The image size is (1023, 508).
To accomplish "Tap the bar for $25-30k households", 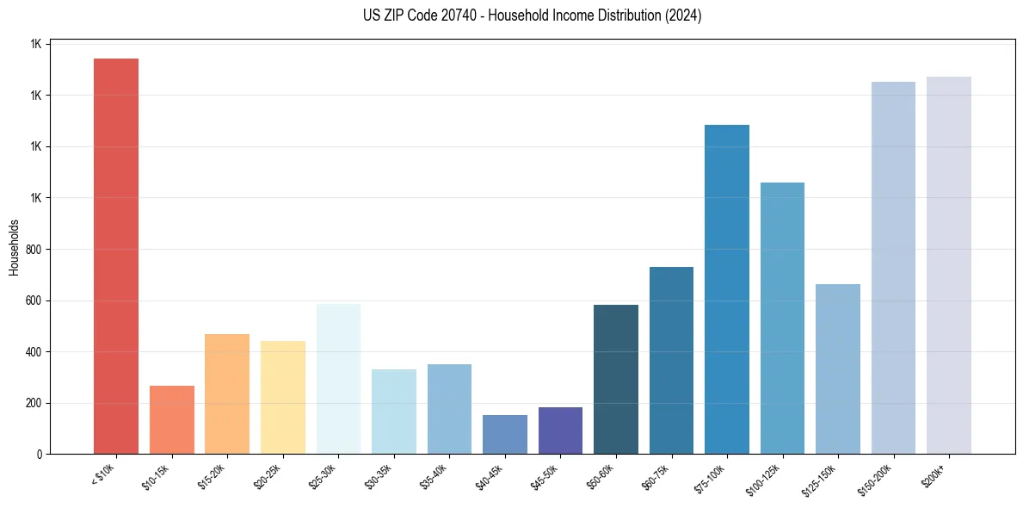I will coord(338,379).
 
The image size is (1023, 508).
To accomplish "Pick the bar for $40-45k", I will coord(505,434).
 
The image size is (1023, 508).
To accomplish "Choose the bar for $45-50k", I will coord(560,431).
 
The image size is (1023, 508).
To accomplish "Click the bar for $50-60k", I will coord(616,379).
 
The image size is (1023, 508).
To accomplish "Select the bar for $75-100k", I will coord(727,289).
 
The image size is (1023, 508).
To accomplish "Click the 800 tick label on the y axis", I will coord(34,250).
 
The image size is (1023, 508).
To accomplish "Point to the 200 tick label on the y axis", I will coord(34,403).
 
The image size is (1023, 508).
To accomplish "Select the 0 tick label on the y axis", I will coord(40,455).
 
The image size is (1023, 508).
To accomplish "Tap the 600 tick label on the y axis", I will coord(34,300).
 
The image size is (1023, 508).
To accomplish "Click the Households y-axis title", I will coord(15,247).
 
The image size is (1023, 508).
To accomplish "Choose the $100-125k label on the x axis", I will coord(769,478).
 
